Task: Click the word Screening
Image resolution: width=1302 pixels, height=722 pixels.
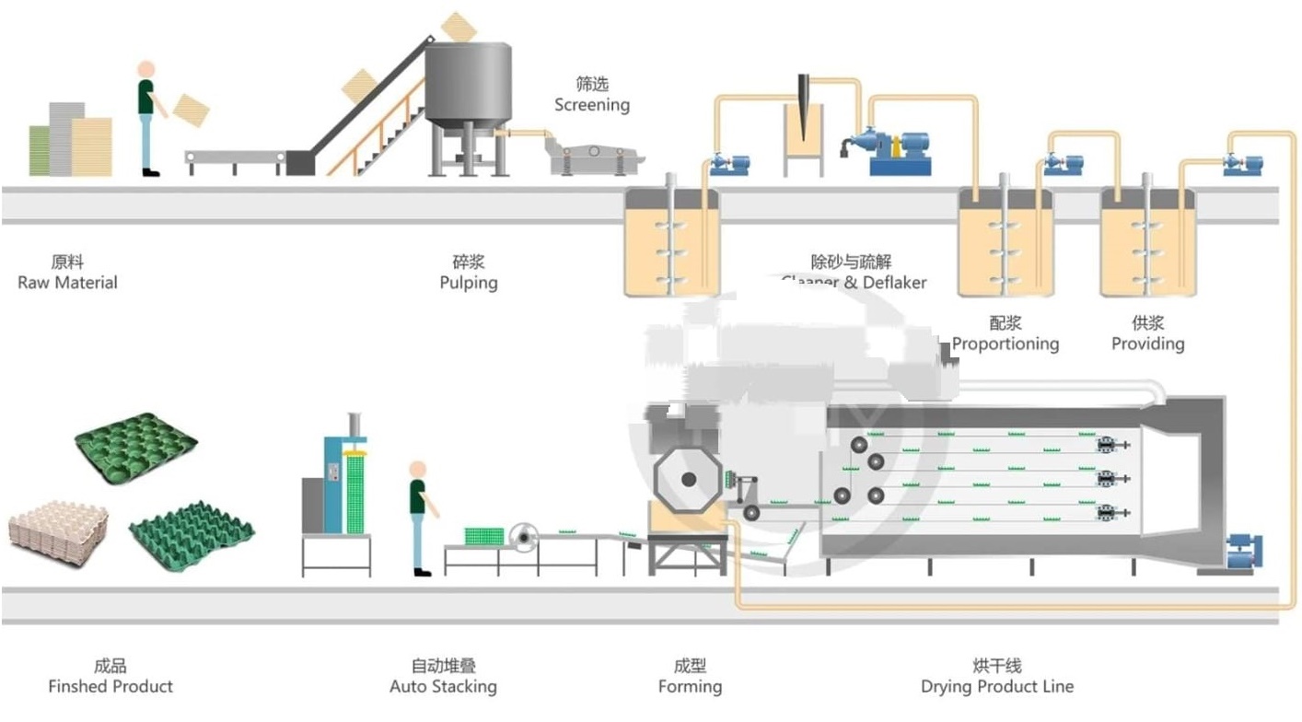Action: click(x=592, y=105)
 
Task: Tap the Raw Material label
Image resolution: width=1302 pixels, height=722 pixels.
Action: click(x=68, y=283)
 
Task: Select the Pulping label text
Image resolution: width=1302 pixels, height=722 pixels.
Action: click(x=469, y=283)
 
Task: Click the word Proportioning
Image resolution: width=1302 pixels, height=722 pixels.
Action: click(x=1006, y=344)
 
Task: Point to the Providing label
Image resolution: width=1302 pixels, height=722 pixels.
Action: click(x=1147, y=344)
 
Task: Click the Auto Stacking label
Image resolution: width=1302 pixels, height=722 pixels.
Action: click(x=443, y=686)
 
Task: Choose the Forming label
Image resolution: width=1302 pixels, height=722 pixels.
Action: click(x=690, y=686)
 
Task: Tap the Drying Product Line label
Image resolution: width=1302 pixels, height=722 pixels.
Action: click(x=997, y=686)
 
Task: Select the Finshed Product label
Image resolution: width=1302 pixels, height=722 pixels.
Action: click(x=110, y=686)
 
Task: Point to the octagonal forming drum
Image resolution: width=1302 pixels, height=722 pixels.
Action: click(x=687, y=479)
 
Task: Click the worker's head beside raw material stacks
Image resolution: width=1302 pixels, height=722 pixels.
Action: click(x=145, y=70)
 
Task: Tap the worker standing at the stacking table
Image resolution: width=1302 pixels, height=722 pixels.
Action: click(x=419, y=516)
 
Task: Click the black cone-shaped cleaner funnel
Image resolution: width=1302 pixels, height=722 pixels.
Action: click(x=804, y=107)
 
